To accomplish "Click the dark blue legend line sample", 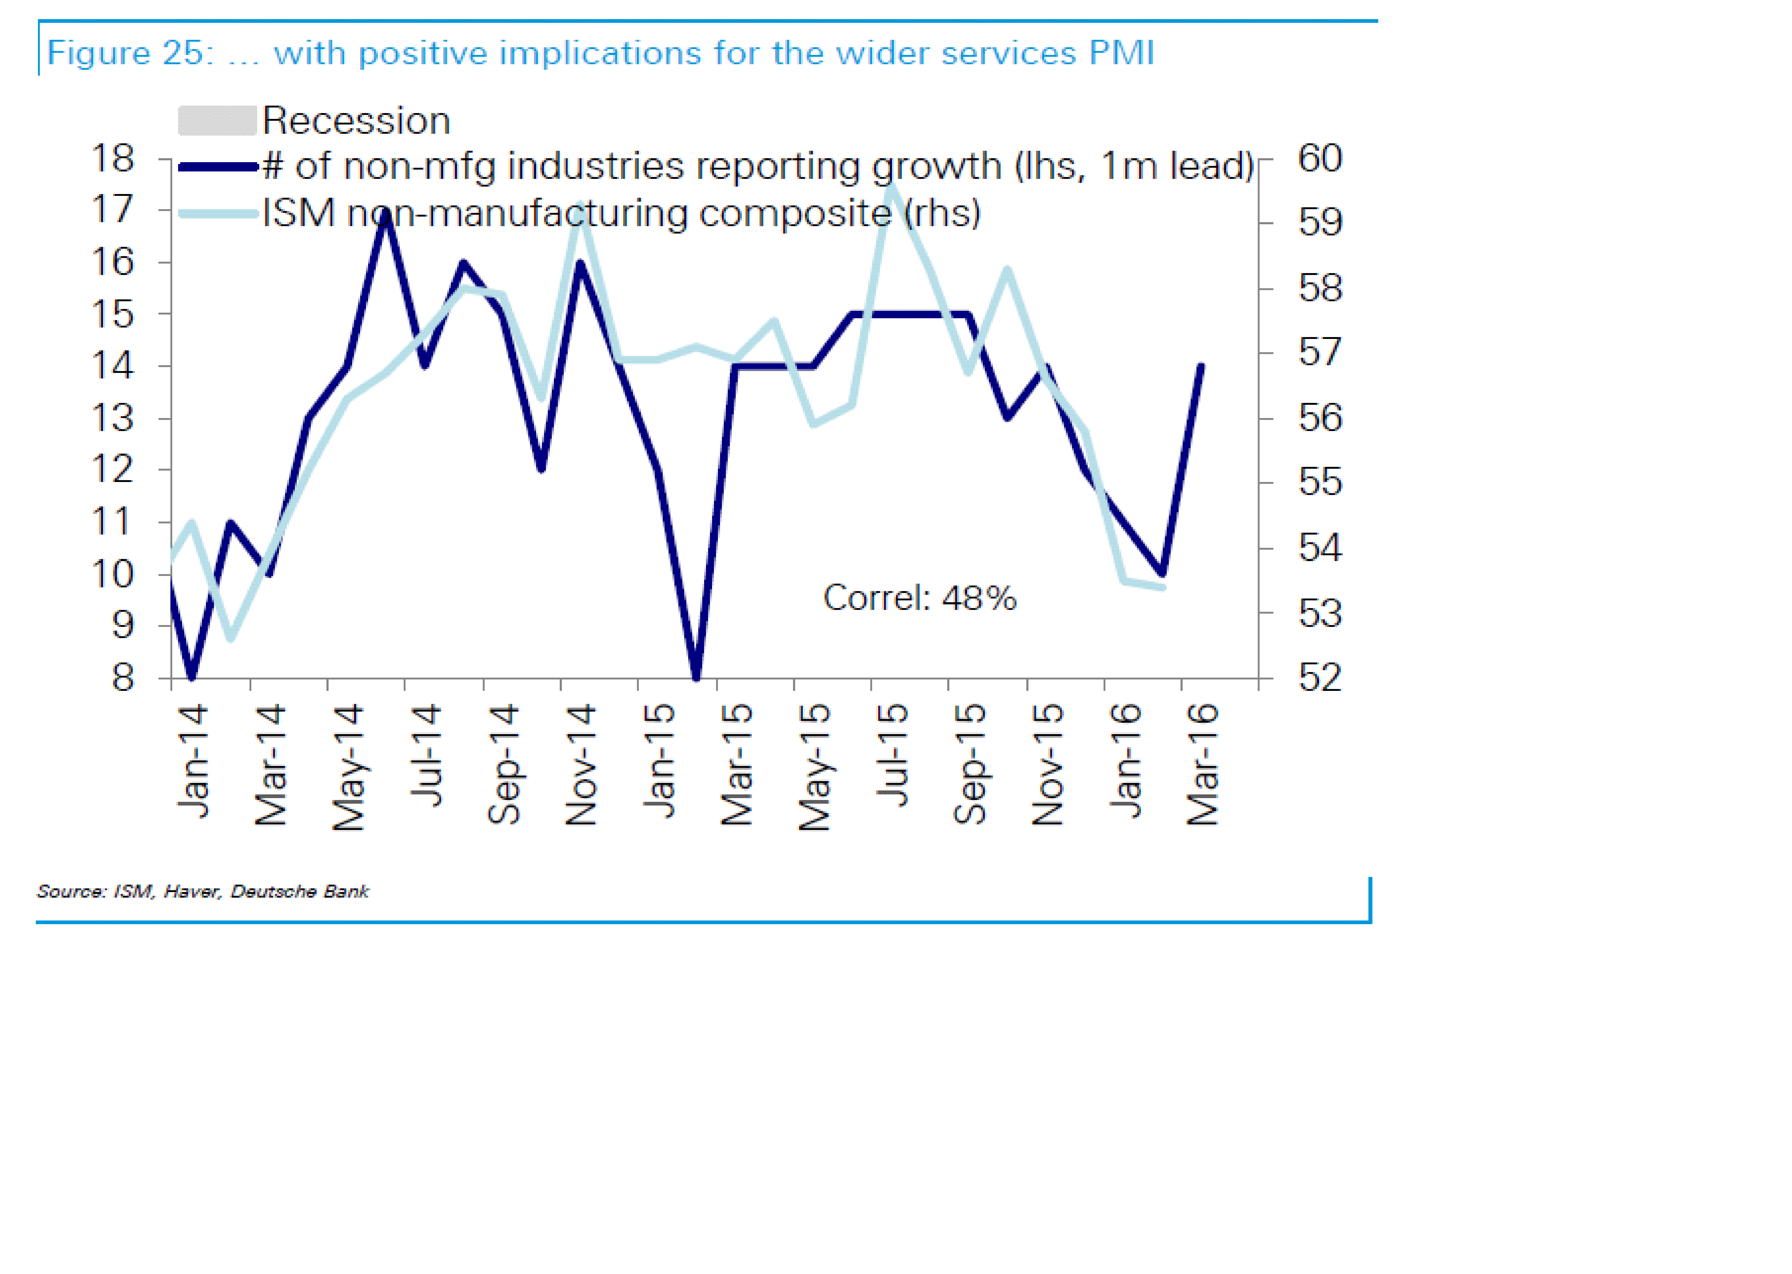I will [218, 166].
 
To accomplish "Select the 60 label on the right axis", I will [1320, 158].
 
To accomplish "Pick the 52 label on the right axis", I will [1320, 678].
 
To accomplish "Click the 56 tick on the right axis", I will [1320, 418].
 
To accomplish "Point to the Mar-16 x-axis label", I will [1202, 765].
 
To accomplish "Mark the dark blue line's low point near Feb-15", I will [696, 676].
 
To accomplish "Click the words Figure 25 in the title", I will [130, 53].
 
